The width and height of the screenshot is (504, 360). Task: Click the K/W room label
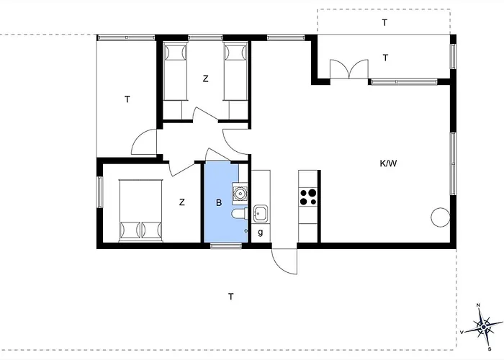(388, 163)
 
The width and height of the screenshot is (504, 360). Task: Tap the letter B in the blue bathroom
(219, 203)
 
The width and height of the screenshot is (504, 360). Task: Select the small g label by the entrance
(261, 232)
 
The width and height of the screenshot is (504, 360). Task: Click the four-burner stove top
(308, 197)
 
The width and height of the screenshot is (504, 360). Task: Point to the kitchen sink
(261, 213)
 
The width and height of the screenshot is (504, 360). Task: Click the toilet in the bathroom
(239, 214)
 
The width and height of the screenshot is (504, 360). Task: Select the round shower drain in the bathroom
(240, 194)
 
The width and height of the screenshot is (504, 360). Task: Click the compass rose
(484, 327)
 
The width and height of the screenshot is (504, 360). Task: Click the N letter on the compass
(478, 305)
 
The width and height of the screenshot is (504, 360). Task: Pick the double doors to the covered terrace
(349, 69)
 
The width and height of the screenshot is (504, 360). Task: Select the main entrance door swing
(284, 261)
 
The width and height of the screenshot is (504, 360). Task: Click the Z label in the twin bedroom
(205, 78)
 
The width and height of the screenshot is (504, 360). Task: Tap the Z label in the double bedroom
(182, 202)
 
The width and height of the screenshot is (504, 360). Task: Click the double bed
(141, 210)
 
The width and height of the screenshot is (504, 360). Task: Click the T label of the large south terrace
(231, 297)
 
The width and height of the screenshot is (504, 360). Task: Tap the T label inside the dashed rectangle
(384, 22)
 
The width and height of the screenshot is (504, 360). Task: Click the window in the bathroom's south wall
(226, 246)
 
